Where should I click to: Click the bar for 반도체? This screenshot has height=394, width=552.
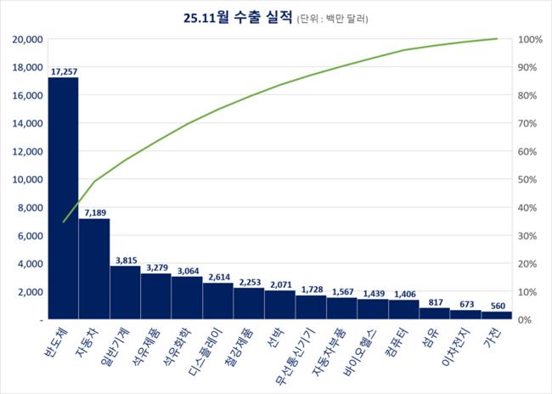[63, 198]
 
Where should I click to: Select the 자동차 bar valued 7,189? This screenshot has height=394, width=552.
[93, 268]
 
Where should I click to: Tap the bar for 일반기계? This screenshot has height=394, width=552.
[125, 292]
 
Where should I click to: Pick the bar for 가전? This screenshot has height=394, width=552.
[497, 315]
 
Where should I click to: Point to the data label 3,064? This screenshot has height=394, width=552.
[187, 269]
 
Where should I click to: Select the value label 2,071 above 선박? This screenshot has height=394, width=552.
[279, 284]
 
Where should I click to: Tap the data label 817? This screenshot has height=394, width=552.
[434, 301]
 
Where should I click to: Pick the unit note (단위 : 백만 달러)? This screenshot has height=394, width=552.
[338, 17]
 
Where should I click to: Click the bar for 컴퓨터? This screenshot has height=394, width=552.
[403, 309]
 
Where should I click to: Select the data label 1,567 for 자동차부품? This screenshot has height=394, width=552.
[341, 291]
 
